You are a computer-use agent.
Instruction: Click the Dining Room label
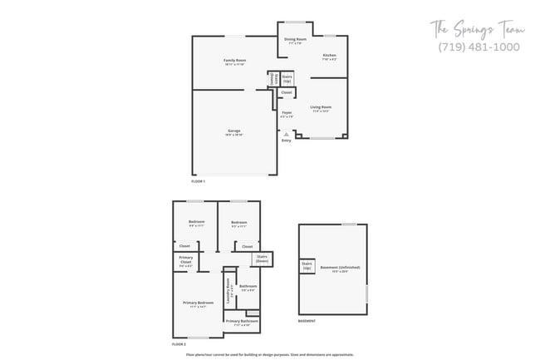pos(296,39)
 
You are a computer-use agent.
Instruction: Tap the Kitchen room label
pos(330,56)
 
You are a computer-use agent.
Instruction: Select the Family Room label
pos(235,61)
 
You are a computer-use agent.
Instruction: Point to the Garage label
pos(235,131)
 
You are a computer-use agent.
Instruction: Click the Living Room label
pos(322,107)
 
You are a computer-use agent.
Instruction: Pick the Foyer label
pos(287,113)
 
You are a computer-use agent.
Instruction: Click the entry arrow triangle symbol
pos(287,133)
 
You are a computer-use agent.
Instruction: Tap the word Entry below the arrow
pos(287,141)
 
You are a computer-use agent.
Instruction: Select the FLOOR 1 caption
pos(198,180)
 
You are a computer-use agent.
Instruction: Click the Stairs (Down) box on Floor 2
pos(263,259)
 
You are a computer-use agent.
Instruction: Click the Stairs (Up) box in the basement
pos(307,266)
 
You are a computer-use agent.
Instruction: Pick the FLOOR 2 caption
pos(179,343)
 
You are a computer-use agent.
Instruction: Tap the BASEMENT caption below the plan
pos(307,320)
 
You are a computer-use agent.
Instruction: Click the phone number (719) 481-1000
pos(479,47)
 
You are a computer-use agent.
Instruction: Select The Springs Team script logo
pos(478,30)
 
